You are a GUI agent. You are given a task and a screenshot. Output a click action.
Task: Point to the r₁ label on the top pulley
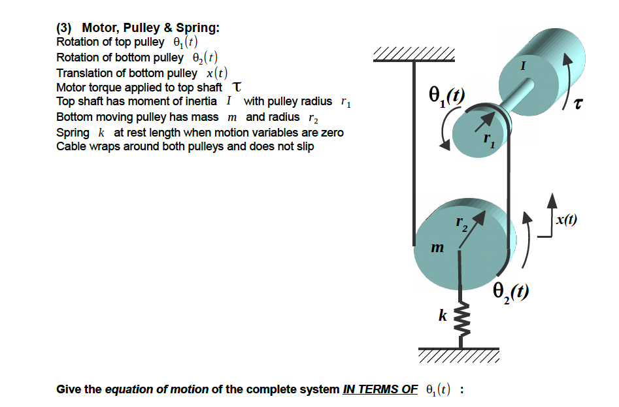486,142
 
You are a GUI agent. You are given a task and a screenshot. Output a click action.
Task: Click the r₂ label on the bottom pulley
461,225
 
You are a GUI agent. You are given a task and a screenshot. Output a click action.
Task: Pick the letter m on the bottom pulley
438,248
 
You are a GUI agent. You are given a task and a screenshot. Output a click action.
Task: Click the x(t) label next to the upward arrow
566,220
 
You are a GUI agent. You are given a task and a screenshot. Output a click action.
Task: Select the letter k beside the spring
443,316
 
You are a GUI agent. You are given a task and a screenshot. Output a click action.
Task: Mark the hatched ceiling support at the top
413,55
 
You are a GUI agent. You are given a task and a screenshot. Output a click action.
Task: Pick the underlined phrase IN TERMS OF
380,390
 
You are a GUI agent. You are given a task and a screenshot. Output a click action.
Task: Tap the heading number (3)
65,28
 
